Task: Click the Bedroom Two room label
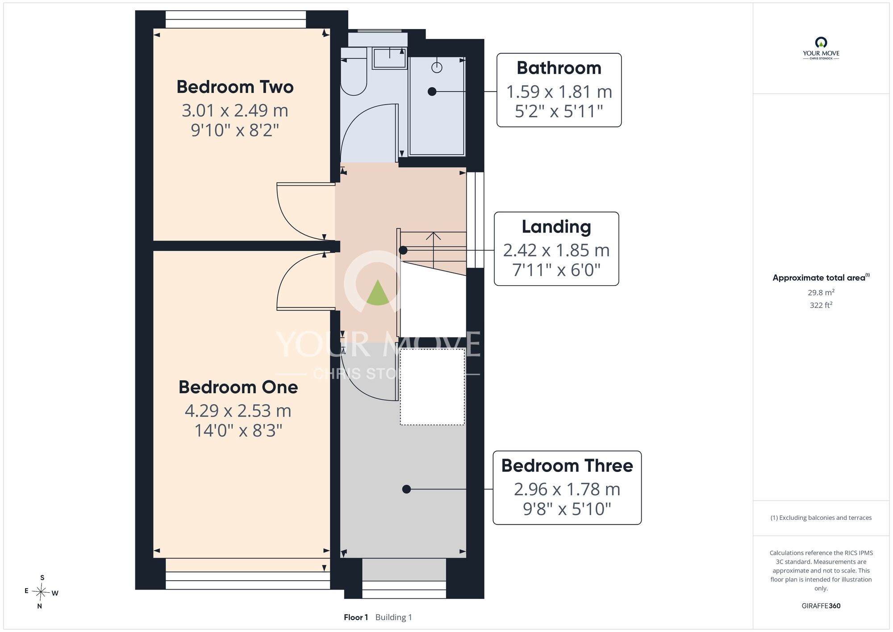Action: point(235,87)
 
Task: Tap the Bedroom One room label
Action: point(238,387)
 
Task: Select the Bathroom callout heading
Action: point(559,68)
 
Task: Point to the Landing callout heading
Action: point(556,227)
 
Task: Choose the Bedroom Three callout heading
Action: point(567,466)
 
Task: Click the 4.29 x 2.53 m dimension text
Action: point(238,411)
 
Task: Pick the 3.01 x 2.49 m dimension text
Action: point(235,110)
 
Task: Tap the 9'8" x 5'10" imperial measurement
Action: point(567,509)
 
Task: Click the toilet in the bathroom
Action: point(354,76)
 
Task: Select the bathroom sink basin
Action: point(390,58)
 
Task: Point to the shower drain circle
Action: point(437,67)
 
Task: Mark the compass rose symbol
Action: point(41,592)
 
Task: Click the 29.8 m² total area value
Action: point(821,292)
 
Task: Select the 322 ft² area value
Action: point(821,305)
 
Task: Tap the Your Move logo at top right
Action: point(821,48)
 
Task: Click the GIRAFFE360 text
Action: point(821,606)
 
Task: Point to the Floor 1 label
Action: point(356,617)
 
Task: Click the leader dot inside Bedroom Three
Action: point(406,489)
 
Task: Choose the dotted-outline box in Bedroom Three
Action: point(432,387)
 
